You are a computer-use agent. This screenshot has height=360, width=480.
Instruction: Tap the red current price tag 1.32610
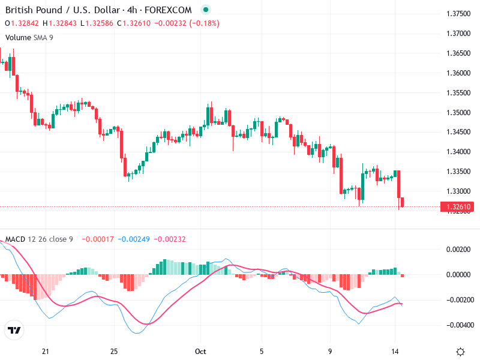pos(458,207)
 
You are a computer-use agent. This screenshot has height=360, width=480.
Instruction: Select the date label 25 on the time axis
pos(114,352)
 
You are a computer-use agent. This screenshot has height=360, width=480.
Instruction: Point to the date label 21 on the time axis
pos(45,352)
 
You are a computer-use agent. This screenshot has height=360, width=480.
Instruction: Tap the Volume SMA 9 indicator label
pos(29,37)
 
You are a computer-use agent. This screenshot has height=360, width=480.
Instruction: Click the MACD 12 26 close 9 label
pos(39,239)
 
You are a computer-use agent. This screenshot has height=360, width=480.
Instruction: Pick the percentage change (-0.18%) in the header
pos(204,23)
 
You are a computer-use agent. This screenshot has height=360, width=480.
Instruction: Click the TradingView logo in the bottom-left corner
pos(14,331)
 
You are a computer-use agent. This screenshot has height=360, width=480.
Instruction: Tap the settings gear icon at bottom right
pos(461,352)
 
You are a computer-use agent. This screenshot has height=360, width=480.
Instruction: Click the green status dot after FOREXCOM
pos(206,10)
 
